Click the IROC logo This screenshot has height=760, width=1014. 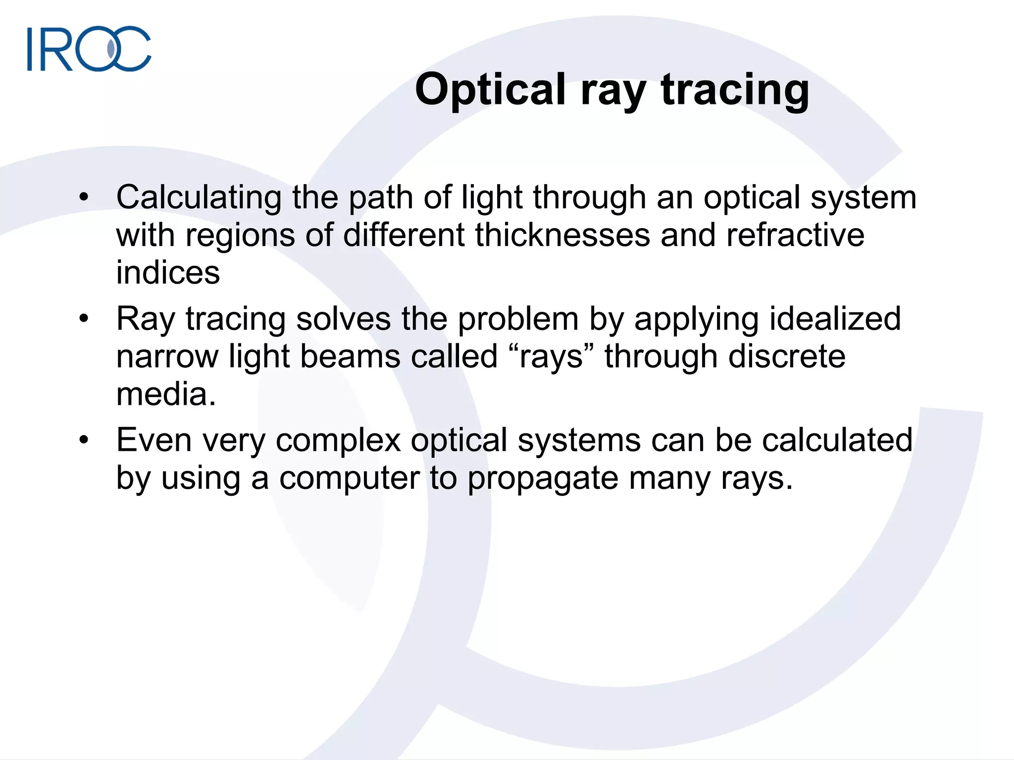[89, 48]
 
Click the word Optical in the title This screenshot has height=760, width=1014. [490, 90]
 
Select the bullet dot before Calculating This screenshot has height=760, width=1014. [84, 197]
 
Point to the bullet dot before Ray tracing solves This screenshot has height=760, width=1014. [84, 318]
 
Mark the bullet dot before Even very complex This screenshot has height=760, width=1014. [84, 439]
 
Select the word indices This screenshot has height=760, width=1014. [168, 273]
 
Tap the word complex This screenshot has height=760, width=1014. [338, 440]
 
